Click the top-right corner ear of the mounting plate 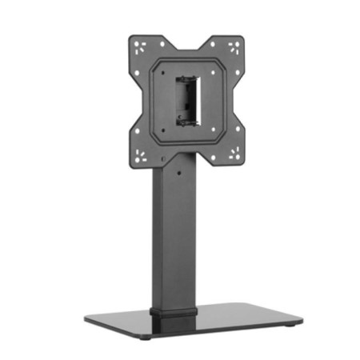tap(231, 46)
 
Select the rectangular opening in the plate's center tap(188, 100)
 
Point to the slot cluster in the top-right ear tap(233, 46)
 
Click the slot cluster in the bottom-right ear tap(233, 155)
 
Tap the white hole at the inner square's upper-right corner tap(218, 70)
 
